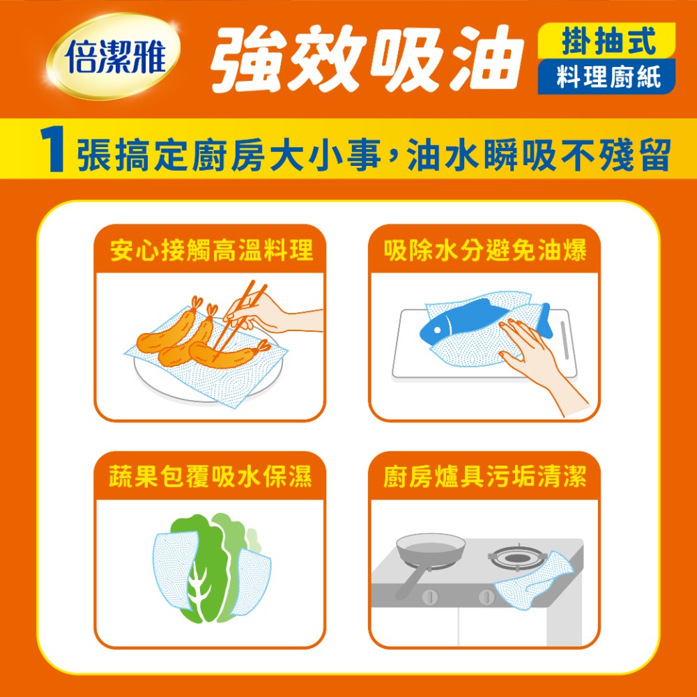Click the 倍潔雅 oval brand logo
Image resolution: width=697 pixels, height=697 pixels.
point(113,56)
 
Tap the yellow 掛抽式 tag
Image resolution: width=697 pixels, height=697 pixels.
point(606,41)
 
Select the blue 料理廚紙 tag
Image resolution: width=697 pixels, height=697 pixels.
point(606,77)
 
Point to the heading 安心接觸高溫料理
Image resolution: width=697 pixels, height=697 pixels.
point(211,250)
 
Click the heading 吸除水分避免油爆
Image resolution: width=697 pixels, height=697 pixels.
point(485,250)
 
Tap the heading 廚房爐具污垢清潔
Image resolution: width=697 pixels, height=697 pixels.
point(485,477)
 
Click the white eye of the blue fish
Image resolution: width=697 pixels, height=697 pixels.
point(437,330)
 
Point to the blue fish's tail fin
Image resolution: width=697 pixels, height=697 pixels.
point(546,320)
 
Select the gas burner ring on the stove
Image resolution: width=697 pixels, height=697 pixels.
point(516,558)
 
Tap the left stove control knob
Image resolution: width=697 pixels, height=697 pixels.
point(430,596)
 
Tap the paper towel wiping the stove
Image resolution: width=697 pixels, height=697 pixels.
point(533,580)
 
